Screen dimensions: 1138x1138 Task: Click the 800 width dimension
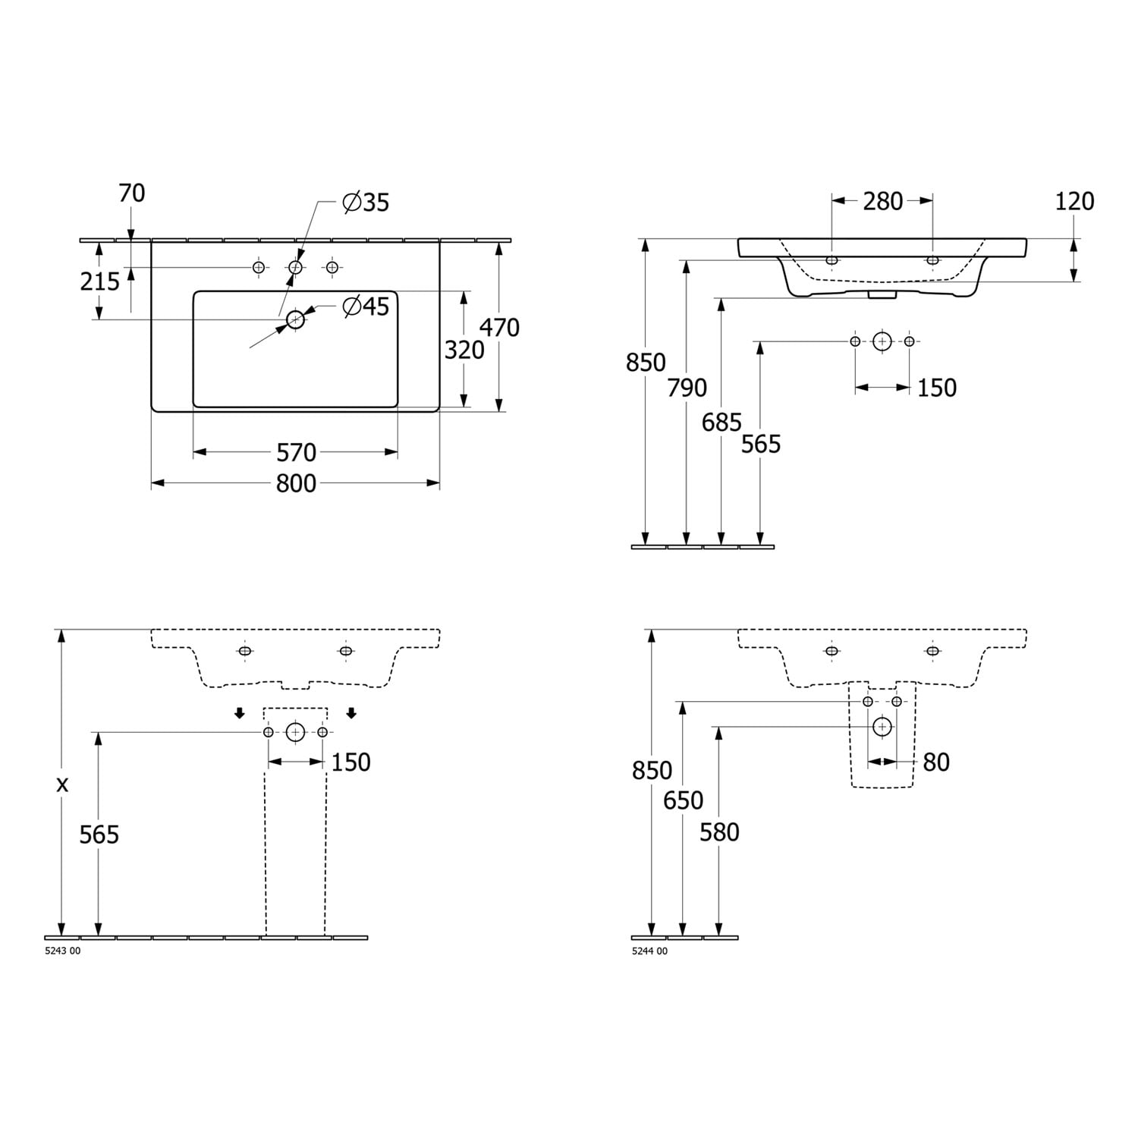(296, 483)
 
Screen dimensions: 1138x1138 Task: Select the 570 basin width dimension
(296, 452)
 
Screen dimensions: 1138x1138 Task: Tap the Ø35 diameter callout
(366, 203)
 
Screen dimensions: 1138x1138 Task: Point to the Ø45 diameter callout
(366, 307)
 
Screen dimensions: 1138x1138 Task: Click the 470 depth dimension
(499, 328)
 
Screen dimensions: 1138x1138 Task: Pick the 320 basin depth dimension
(464, 350)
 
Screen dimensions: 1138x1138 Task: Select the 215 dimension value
(100, 281)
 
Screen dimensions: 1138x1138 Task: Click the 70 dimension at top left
(131, 193)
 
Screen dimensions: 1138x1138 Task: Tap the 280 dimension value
(883, 201)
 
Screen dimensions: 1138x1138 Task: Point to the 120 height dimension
(1075, 201)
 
